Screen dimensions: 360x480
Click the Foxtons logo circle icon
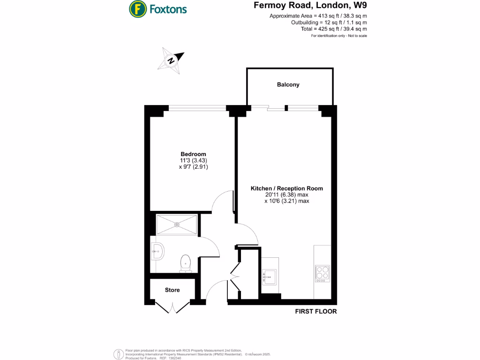coord(136,8)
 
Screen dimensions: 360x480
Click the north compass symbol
coord(172,60)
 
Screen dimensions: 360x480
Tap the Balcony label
coord(288,85)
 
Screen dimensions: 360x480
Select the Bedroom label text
coord(194,154)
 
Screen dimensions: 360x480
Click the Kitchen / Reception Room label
coord(287,188)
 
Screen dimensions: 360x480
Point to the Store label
coord(172,290)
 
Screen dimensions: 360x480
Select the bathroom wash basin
coord(157,252)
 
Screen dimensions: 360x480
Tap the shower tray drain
coord(177,224)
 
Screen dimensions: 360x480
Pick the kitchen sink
coord(270,276)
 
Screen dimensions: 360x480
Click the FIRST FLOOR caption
coord(315,311)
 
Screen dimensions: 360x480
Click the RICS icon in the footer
coord(117,353)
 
